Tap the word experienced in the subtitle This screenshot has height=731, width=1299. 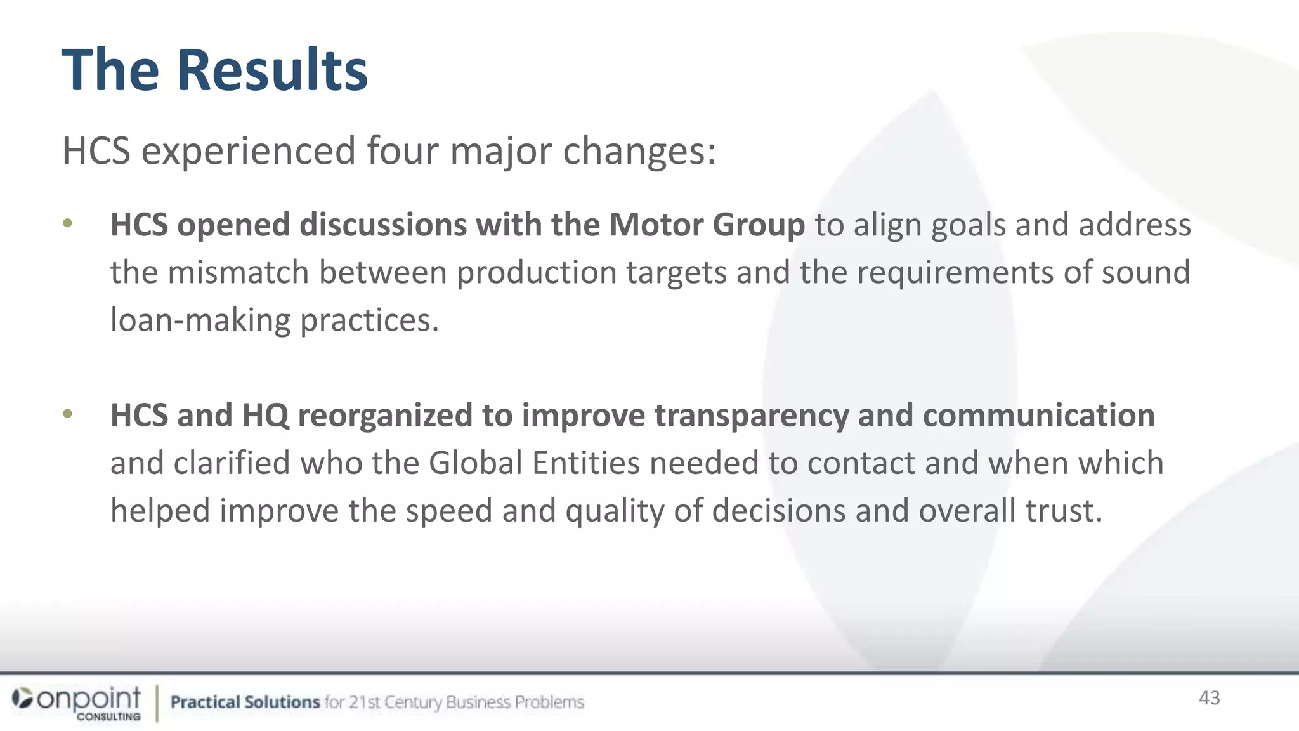(248, 151)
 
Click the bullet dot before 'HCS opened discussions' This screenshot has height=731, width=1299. (68, 223)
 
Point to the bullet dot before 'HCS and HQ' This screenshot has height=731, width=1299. (68, 414)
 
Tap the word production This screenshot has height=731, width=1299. (537, 272)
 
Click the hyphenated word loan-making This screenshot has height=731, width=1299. (200, 320)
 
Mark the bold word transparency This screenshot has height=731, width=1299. (751, 415)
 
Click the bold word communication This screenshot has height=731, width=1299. (1038, 415)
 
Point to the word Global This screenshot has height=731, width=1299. (475, 463)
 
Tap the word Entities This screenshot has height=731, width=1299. (585, 463)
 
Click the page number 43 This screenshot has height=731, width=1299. (1209, 698)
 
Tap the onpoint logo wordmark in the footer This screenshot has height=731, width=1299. (89, 699)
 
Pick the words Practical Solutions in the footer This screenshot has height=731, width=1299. (245, 702)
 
